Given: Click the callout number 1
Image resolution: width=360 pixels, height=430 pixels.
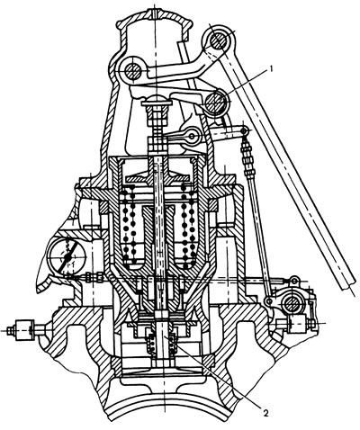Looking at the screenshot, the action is click(271, 69).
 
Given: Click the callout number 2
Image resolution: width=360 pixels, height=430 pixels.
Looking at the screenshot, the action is click(265, 413).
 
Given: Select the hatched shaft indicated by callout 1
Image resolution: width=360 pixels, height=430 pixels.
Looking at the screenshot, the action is click(215, 103).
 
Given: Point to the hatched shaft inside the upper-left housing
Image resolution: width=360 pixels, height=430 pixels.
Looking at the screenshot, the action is click(132, 71).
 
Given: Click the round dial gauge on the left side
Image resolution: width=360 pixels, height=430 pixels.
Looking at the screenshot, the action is click(67, 255).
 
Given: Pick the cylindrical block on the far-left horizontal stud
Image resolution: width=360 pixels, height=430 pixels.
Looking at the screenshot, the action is click(24, 330).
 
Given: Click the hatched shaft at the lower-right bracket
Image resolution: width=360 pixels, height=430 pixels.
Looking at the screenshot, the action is click(292, 304).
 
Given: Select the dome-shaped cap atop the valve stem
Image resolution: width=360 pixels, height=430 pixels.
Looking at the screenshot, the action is click(157, 99).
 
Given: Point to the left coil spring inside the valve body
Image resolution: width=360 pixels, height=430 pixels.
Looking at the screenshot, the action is click(130, 227).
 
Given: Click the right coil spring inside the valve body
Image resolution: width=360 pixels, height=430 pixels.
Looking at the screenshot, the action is click(186, 227).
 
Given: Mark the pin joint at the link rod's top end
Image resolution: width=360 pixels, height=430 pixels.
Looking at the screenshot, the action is click(245, 130).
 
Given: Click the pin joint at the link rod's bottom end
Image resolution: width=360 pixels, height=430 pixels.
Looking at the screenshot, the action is click(268, 300).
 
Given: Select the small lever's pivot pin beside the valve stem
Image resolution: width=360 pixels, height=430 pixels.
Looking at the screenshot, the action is click(192, 137).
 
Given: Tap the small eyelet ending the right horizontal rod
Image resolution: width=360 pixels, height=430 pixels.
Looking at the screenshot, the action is click(294, 281).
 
